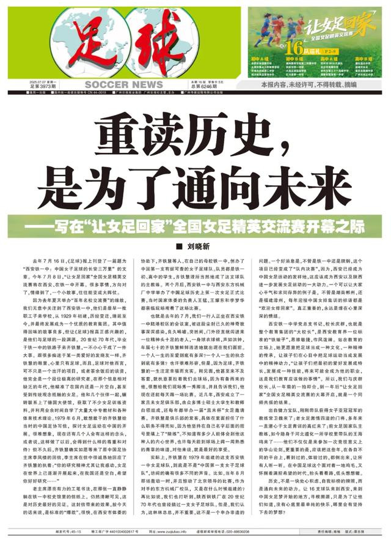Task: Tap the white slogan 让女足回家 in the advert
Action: [339, 26]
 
